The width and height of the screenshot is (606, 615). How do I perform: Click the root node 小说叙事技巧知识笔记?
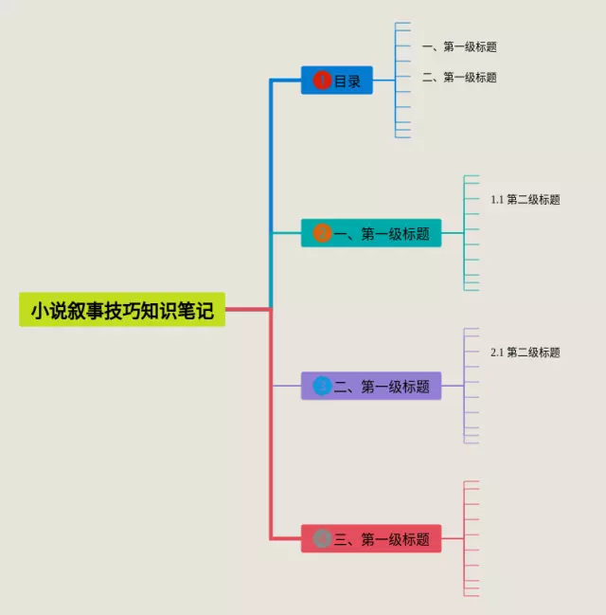(x=122, y=310)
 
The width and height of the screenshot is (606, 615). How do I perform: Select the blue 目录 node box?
(x=337, y=81)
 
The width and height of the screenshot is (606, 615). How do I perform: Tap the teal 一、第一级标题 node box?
(x=371, y=233)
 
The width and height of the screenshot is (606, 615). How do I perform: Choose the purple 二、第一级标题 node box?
(x=371, y=386)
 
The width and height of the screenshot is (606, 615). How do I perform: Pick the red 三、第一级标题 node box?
(x=371, y=538)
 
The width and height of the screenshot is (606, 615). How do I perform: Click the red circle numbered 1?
(x=322, y=81)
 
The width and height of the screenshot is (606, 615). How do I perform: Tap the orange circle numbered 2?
(x=322, y=233)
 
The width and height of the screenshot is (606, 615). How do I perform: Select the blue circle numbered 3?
(x=322, y=386)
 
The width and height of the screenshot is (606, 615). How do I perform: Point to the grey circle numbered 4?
(x=322, y=538)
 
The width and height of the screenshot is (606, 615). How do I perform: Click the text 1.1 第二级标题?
(x=526, y=200)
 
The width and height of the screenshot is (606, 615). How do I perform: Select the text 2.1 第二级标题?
(x=526, y=353)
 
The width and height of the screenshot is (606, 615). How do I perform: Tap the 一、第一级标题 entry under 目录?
(x=459, y=46)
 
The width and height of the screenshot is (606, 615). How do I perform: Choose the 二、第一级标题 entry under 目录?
(x=459, y=78)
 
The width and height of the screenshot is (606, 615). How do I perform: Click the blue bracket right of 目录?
(x=395, y=81)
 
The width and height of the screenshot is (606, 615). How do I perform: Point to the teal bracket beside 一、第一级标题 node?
(x=464, y=233)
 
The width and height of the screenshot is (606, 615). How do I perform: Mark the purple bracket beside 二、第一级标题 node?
(x=464, y=386)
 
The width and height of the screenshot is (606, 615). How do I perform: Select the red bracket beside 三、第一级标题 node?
(x=464, y=538)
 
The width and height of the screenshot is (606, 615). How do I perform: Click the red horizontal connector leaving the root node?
(x=248, y=310)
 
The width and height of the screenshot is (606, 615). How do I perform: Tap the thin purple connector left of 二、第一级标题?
(x=287, y=386)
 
